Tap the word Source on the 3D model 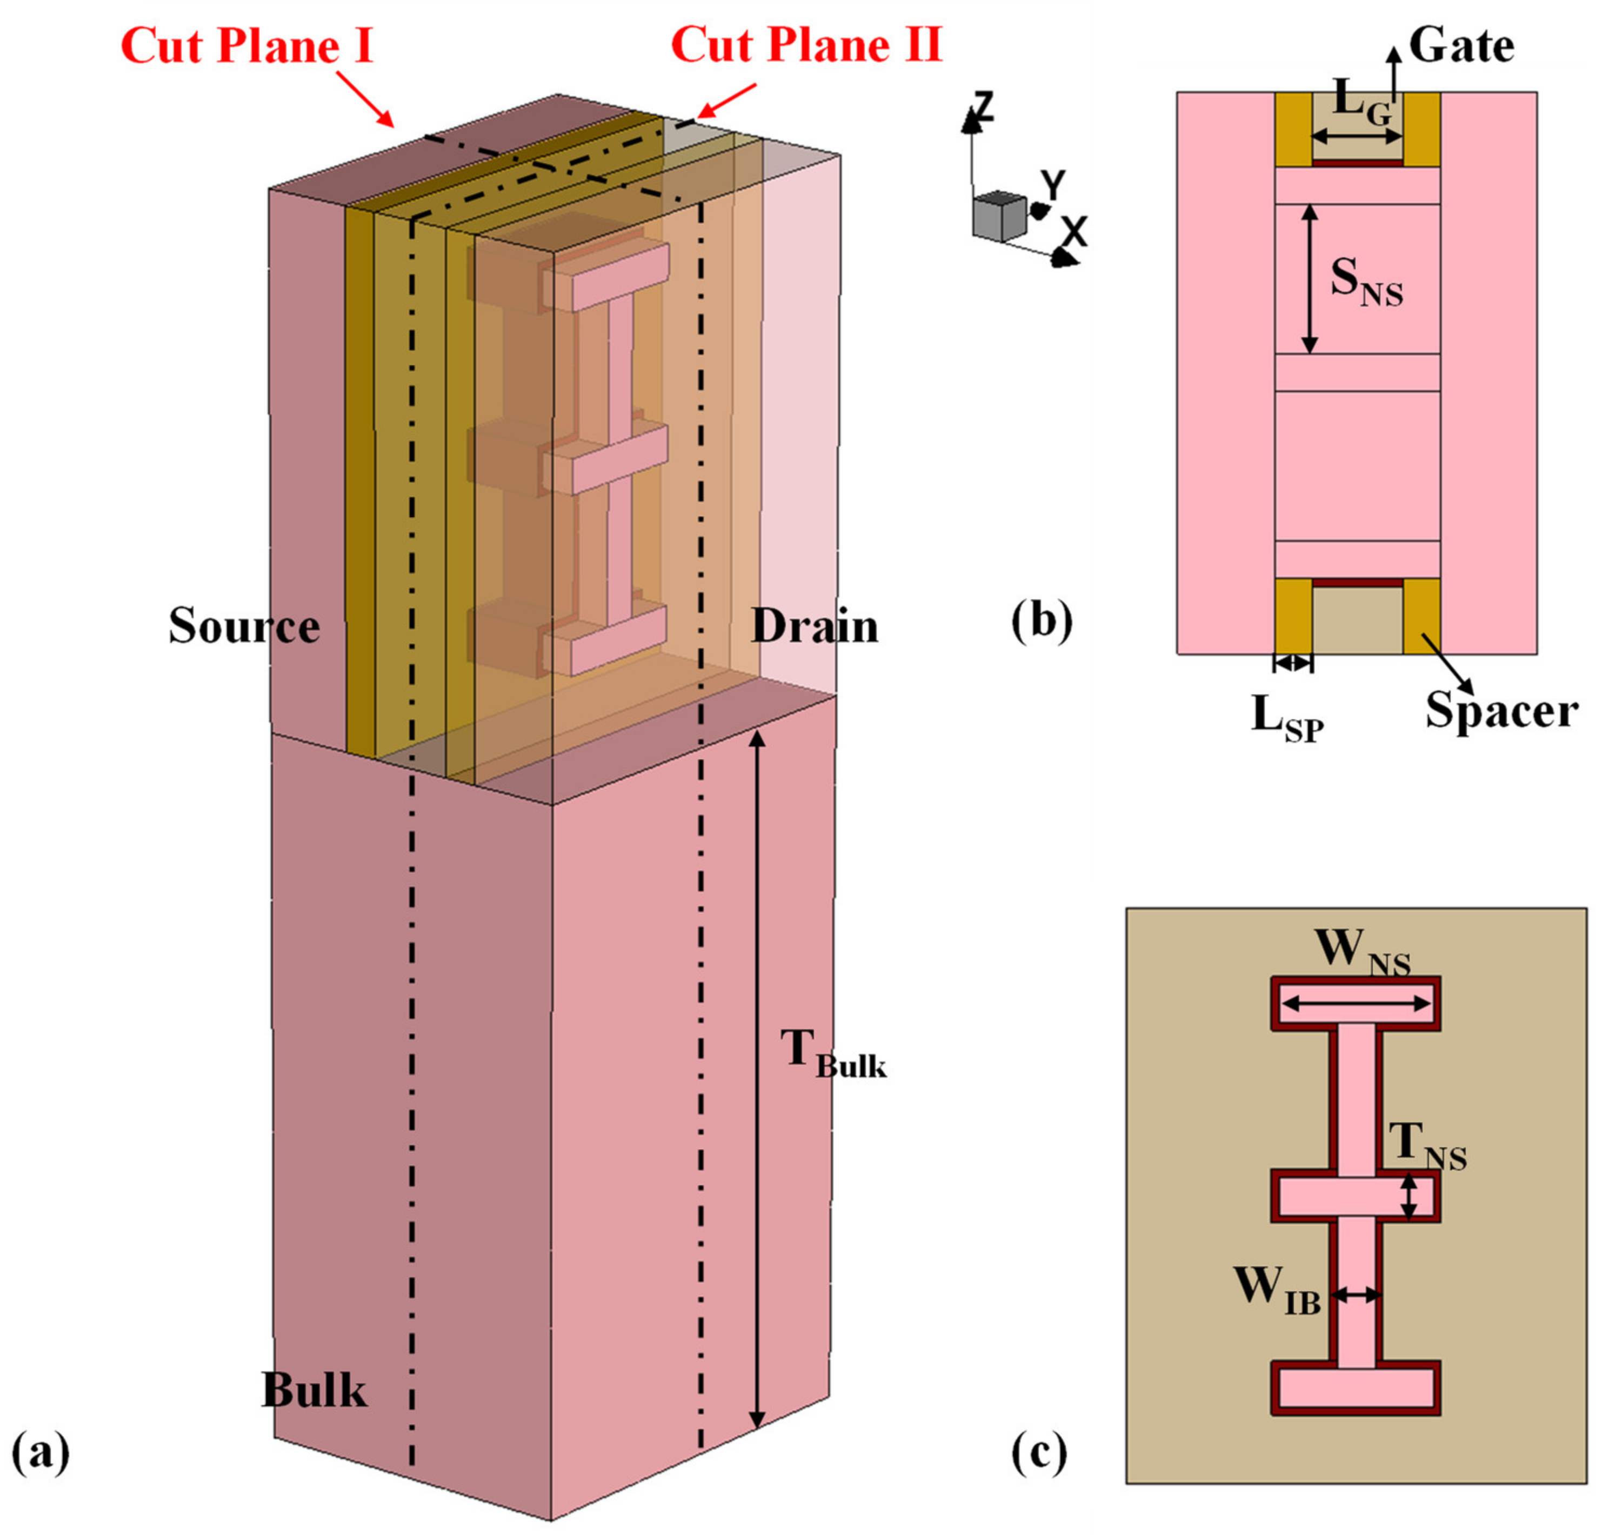click(244, 627)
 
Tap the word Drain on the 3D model click(814, 627)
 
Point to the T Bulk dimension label click(832, 1055)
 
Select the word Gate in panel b click(1461, 46)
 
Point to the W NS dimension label click(1361, 954)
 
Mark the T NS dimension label click(1427, 1147)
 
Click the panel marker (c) click(1039, 1452)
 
